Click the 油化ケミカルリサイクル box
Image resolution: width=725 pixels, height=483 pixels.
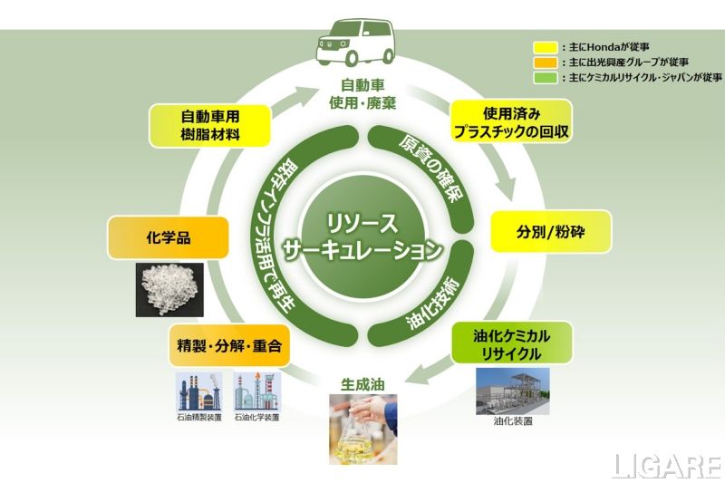coord(511,343)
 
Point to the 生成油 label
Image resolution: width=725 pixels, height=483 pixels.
coord(362,384)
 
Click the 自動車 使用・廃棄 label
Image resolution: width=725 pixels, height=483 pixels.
coord(362,93)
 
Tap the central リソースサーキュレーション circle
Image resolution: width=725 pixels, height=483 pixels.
coord(362,238)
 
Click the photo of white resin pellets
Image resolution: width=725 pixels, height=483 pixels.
coord(169,290)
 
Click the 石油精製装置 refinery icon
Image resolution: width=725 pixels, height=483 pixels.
coord(201,391)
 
